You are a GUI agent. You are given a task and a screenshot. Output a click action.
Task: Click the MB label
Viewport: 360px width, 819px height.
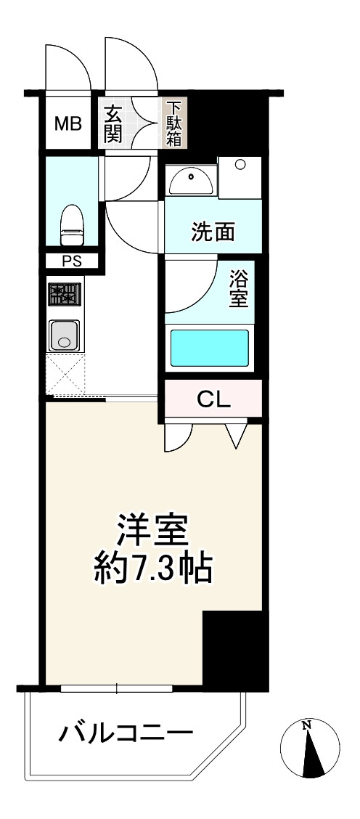pyautogui.click(x=68, y=124)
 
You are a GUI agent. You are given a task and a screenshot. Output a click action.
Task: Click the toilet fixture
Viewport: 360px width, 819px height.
pyautogui.click(x=72, y=224)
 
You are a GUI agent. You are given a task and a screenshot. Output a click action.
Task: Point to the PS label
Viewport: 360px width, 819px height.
pyautogui.click(x=72, y=261)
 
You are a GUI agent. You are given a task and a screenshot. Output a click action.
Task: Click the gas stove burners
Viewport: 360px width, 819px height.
pyautogui.click(x=65, y=294)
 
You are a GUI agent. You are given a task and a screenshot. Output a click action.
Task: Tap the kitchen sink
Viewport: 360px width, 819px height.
pyautogui.click(x=65, y=335)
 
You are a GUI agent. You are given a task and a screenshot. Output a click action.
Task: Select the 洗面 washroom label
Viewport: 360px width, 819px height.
pyautogui.click(x=212, y=232)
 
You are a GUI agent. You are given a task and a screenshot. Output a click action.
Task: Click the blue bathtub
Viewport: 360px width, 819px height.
pyautogui.click(x=210, y=348)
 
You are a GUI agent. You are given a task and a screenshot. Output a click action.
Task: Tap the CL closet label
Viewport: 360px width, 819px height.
pyautogui.click(x=213, y=399)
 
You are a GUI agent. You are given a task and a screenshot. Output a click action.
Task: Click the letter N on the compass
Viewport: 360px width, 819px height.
pyautogui.click(x=307, y=725)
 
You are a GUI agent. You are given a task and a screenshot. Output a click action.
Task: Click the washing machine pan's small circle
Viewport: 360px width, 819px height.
pyautogui.click(x=240, y=164)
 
